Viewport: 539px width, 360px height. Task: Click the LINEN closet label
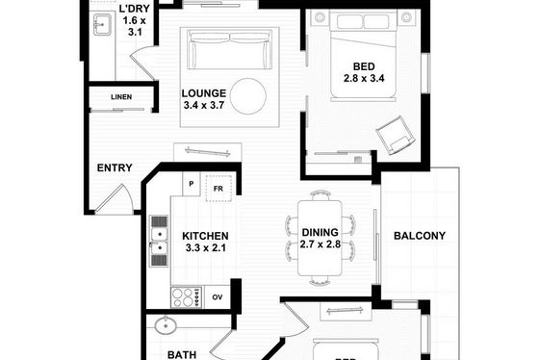coord(121,97)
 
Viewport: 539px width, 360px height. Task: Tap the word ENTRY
coord(115,167)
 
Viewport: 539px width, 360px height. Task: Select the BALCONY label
coord(420,236)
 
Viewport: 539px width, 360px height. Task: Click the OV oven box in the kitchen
coord(218,297)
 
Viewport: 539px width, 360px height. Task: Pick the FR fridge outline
coord(218,189)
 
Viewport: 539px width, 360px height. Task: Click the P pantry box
coord(192,184)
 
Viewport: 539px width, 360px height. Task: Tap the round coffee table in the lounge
coord(248,96)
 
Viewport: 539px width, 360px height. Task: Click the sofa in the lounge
coord(230,49)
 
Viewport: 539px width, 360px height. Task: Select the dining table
coord(320,238)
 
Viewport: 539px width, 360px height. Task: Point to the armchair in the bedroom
coord(396,135)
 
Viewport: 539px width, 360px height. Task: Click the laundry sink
coord(102,24)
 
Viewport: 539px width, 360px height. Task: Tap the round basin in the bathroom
coord(166,325)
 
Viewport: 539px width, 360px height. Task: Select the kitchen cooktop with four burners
coord(186,297)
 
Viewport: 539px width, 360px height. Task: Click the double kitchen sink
coord(159,241)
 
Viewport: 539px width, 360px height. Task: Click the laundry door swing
coord(142,64)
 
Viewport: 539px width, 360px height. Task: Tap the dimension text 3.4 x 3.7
coord(204,105)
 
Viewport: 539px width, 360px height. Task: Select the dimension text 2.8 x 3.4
coord(364,78)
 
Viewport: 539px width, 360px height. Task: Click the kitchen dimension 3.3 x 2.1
coord(206,247)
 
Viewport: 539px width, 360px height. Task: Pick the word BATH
coord(182,355)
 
